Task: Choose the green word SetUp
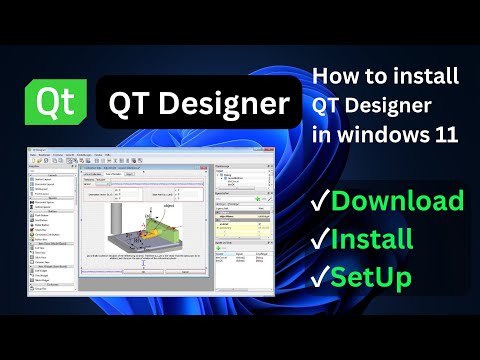point(373,277)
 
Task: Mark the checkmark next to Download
point(320,201)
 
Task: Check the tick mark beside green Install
point(320,239)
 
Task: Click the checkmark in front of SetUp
point(320,278)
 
